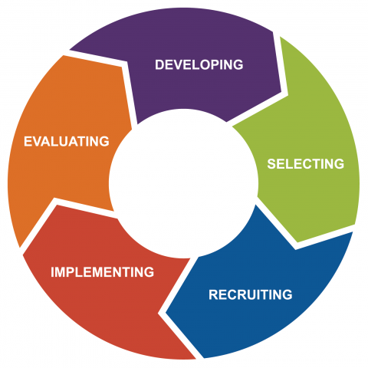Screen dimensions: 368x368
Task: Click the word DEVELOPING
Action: coord(199,64)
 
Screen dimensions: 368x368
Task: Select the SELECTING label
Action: coord(306,164)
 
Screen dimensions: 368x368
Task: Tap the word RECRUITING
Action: coord(251,294)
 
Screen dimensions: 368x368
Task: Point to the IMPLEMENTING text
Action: coord(103,272)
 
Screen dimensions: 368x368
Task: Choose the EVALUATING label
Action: coord(67,141)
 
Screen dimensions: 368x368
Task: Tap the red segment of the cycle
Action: coord(102,276)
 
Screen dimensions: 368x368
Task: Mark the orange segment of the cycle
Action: coord(64,143)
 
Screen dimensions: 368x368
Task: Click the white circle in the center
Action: coord(183,183)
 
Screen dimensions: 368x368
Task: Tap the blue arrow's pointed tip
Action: coord(166,312)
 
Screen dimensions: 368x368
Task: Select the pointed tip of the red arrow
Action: coord(23,255)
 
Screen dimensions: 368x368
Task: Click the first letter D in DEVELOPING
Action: coord(159,64)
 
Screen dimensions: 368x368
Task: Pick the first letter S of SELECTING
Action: coord(271,164)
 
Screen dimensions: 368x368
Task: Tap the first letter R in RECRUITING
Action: coord(213,294)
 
